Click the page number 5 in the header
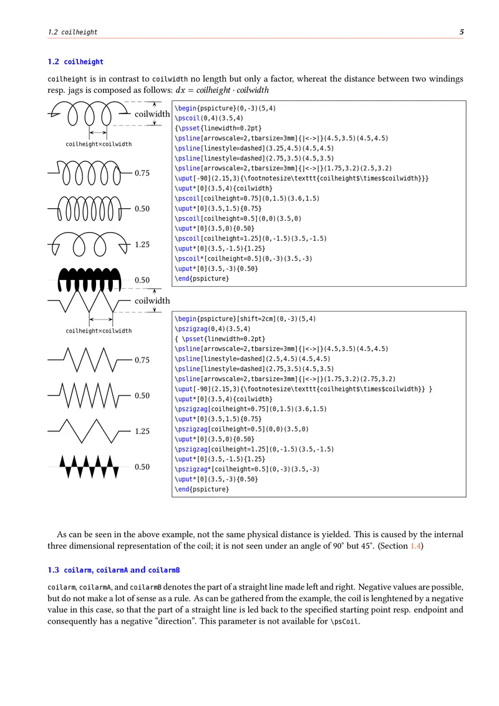point(461,32)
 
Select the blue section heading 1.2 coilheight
point(75,62)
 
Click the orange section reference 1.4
point(415,546)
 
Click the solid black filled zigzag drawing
point(87,466)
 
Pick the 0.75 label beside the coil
point(142,173)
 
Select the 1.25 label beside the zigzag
point(142,431)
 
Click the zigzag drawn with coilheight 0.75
point(87,359)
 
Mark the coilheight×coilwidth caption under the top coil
point(99,144)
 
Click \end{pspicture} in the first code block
point(202,278)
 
